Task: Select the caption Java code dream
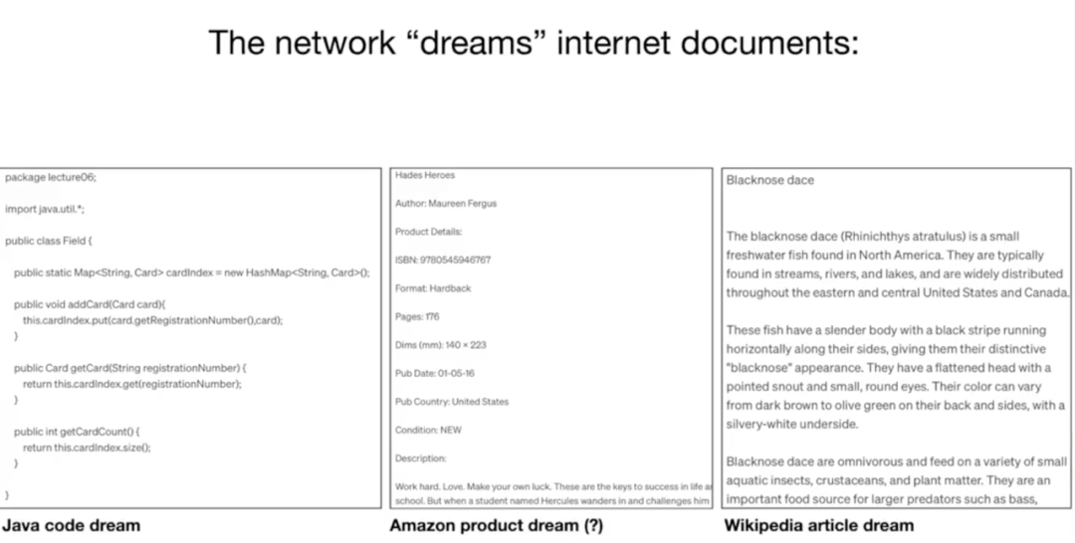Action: tap(71, 524)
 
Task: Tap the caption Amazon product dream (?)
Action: tap(496, 525)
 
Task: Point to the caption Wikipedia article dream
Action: tap(818, 524)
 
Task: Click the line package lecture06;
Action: tap(51, 177)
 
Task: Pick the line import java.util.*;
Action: tap(45, 209)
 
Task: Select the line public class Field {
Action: tap(49, 241)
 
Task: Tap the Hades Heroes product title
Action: tap(425, 175)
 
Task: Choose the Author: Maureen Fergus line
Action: tap(446, 203)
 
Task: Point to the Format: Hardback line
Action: tap(433, 288)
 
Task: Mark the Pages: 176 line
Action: tap(417, 316)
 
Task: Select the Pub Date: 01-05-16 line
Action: tap(435, 373)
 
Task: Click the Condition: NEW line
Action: tap(429, 430)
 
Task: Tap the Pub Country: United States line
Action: tap(452, 402)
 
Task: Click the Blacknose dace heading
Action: tap(770, 180)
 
